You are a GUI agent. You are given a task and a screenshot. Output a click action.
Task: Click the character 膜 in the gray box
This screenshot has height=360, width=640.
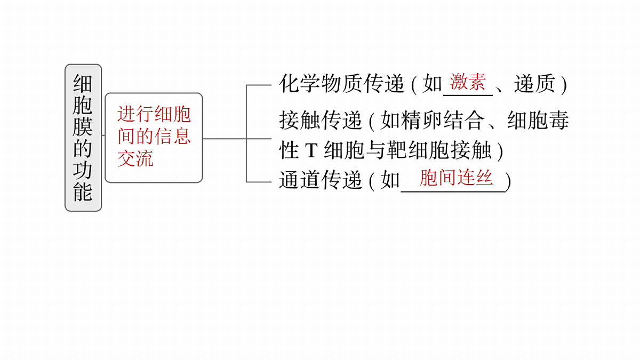[83, 126]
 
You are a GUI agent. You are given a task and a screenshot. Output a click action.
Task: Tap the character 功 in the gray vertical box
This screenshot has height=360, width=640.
[83, 170]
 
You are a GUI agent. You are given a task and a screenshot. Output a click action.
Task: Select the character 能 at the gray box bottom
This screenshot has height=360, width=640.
[83, 191]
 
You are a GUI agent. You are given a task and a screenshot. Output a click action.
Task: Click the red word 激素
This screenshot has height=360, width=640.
[468, 82]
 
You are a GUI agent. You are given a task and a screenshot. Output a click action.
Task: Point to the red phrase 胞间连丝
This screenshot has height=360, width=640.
[456, 178]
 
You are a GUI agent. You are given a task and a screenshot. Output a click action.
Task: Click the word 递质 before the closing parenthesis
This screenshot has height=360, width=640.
[534, 84]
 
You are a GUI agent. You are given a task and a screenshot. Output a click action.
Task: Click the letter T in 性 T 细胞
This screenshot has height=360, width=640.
[311, 150]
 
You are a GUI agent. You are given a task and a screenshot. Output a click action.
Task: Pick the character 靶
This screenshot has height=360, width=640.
[397, 150]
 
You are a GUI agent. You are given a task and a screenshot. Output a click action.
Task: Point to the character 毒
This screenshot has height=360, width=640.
[558, 120]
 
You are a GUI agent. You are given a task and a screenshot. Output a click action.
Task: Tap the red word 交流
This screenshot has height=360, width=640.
[135, 158]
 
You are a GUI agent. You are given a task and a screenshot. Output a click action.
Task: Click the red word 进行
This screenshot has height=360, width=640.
[135, 114]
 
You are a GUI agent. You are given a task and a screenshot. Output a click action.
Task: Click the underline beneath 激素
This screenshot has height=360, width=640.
[468, 95]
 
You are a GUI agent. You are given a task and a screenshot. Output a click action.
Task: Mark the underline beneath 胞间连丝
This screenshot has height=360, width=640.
[453, 191]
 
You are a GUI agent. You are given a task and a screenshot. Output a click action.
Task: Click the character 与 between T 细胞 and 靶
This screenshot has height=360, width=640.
[377, 150]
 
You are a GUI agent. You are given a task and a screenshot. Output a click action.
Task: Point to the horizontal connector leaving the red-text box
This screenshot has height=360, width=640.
[225, 139]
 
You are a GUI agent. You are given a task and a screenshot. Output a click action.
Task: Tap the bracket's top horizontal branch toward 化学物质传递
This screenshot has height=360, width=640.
[259, 85]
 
